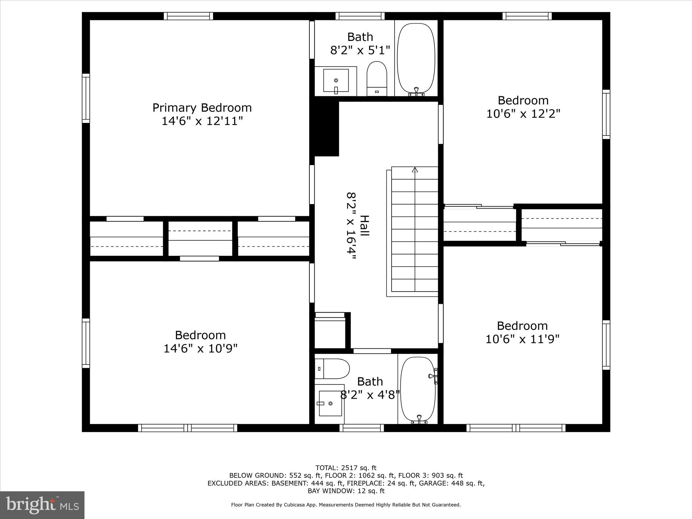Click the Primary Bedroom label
tap(202, 108)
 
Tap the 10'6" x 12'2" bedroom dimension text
tap(523, 114)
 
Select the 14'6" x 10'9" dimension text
tap(201, 348)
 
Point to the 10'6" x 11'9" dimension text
tap(522, 339)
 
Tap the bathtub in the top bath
tap(416, 58)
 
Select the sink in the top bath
tap(336, 80)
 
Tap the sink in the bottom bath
tap(330, 403)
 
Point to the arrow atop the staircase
tap(415, 170)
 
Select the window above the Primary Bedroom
tap(189, 16)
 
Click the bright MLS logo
tap(42, 505)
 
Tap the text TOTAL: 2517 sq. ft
tap(346, 468)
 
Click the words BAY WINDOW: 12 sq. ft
tap(346, 491)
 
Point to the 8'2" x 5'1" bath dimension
tap(360, 50)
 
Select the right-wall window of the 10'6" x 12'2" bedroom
tap(606, 114)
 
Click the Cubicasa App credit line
tap(346, 505)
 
